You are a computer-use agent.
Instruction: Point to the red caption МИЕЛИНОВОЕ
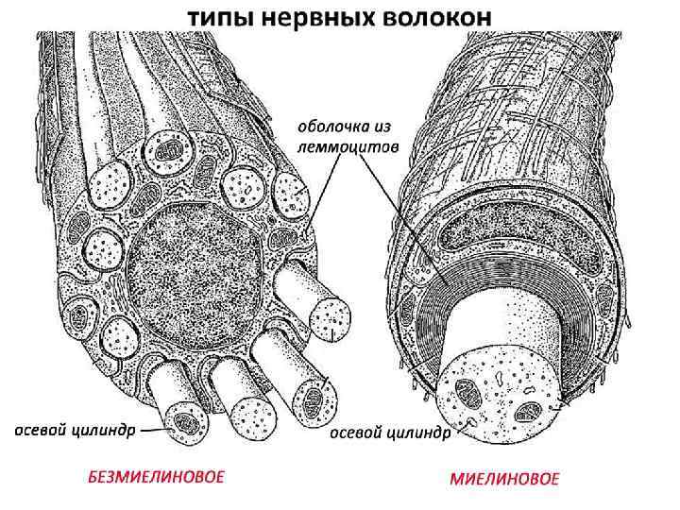pos(504,478)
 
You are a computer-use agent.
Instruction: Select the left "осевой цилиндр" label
pos(68,431)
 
